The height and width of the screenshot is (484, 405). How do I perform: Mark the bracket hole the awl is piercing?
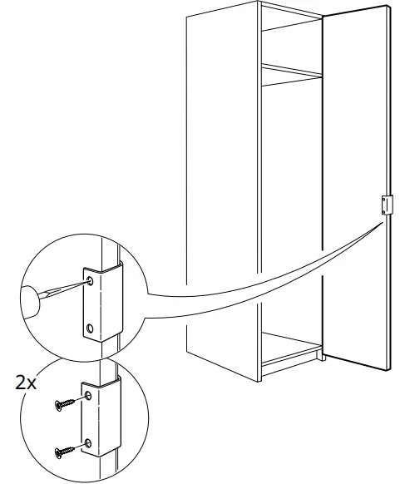(x=89, y=282)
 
